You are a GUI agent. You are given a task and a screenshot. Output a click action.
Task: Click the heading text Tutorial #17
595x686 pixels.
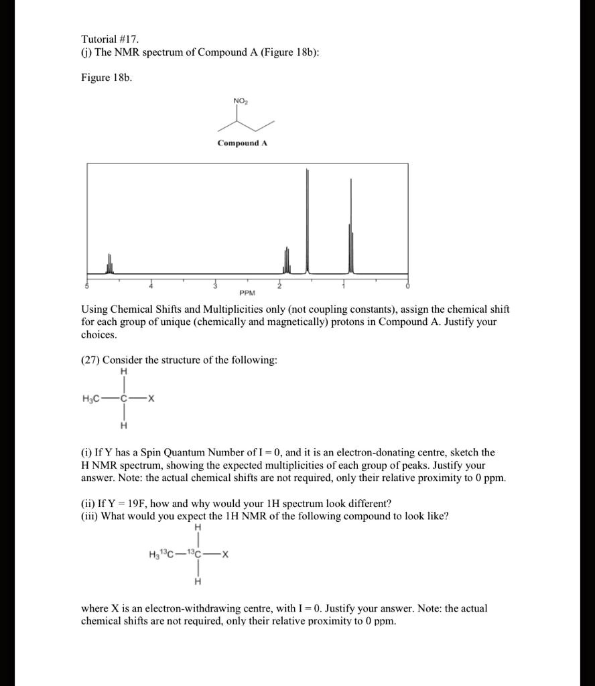110,40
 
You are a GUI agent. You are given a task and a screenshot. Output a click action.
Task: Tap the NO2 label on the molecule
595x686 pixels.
240,101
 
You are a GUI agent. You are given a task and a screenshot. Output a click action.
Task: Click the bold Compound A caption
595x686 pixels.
242,143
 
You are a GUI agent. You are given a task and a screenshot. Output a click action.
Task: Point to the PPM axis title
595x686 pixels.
247,293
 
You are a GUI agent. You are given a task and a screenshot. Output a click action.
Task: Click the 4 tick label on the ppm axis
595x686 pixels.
151,286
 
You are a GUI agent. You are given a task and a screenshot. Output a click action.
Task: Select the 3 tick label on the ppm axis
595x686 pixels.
215,286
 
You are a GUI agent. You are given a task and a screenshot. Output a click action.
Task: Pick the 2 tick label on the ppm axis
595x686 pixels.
280,286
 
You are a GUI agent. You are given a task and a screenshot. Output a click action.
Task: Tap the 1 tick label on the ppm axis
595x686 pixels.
344,286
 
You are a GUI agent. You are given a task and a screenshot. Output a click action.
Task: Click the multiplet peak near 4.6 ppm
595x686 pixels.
110,265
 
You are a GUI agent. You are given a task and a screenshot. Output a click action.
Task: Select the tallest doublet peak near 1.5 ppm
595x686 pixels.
308,221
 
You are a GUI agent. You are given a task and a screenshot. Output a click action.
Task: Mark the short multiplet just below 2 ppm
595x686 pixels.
287,261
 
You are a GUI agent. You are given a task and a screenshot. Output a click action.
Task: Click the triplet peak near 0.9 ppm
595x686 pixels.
350,228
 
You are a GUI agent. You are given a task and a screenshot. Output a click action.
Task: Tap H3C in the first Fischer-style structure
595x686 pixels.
92,399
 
